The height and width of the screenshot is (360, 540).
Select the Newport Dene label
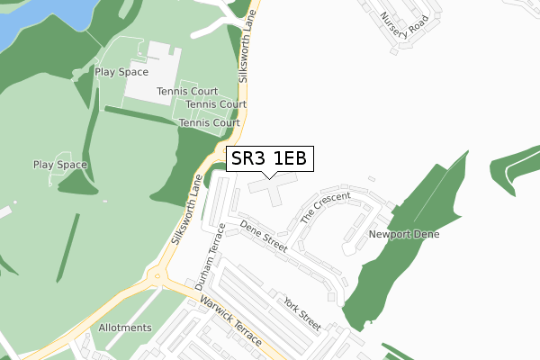(402, 234)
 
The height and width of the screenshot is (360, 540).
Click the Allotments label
(125, 328)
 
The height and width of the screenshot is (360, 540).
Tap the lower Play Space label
(59, 165)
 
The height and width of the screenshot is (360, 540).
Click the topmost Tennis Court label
(187, 91)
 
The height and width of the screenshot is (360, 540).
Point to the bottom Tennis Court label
(209, 122)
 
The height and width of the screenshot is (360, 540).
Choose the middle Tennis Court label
(216, 104)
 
